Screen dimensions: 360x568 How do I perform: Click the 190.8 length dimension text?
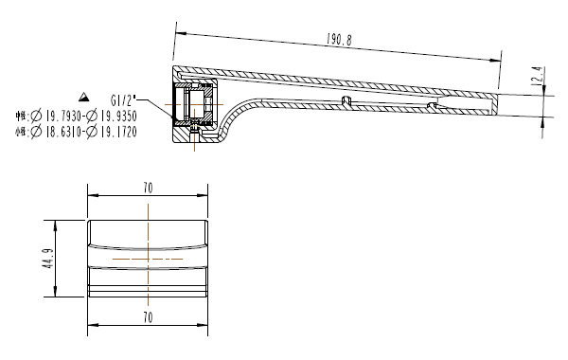pos(339,41)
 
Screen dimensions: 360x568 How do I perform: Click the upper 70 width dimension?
pos(148,189)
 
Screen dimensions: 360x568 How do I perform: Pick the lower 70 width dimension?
pos(148,315)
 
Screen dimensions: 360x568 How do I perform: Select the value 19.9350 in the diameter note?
pos(116,116)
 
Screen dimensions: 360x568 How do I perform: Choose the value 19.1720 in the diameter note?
pos(116,132)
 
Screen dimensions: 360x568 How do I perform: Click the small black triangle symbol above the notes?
pos(84,98)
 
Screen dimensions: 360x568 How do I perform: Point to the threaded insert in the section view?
pos(198,110)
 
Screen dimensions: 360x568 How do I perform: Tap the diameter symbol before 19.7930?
pos(36,116)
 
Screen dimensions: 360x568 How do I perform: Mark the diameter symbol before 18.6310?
pos(36,132)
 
